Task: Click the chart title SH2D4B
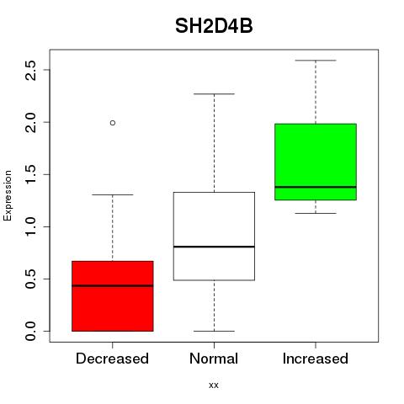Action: point(214,26)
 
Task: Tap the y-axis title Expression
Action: point(8,196)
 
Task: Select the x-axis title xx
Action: point(214,385)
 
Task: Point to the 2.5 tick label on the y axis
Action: point(30,70)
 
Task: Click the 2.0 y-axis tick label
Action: point(30,123)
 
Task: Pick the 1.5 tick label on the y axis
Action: point(30,174)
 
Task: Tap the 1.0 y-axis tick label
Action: point(30,226)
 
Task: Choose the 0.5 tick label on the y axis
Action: point(30,279)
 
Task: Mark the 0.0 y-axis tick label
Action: point(30,331)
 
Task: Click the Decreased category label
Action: point(112,359)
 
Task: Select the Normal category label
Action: point(214,359)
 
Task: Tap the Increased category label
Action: point(316,359)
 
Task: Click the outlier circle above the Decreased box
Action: point(113,123)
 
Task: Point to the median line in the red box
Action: point(113,286)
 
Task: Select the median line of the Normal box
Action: point(214,247)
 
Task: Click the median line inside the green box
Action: point(316,187)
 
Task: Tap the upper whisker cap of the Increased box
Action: point(316,61)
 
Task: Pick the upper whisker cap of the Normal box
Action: point(214,94)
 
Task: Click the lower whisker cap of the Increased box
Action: point(316,213)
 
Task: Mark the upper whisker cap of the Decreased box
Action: point(113,194)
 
